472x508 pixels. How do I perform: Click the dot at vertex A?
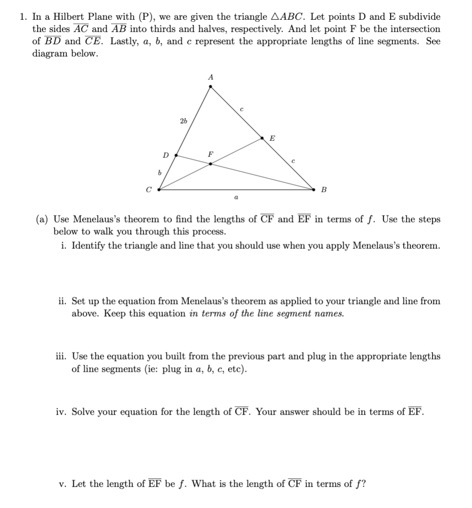(211, 87)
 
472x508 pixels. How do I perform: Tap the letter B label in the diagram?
(324, 190)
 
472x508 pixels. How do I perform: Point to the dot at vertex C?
(159, 190)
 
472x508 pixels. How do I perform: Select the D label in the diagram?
(165, 155)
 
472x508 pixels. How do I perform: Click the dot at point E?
(263, 138)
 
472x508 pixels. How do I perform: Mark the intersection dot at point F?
(211, 164)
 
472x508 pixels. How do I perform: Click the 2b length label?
(183, 121)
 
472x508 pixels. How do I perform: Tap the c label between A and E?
(241, 109)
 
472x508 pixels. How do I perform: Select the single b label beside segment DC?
(159, 173)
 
